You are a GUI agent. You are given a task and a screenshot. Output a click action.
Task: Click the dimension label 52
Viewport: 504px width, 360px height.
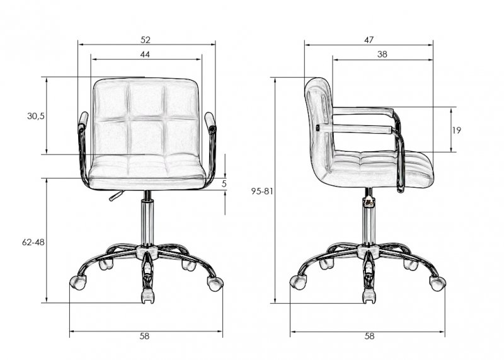point(146,40)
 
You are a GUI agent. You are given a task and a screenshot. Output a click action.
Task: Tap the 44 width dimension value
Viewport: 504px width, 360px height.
point(145,55)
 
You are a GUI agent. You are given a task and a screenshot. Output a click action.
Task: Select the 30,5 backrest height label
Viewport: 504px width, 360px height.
point(36,116)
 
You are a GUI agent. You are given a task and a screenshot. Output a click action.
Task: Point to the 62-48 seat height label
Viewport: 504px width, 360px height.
point(33,242)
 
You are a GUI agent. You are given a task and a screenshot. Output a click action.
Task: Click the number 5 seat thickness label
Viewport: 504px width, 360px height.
point(224,183)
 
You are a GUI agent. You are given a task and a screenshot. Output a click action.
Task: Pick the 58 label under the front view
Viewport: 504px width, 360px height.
point(145,336)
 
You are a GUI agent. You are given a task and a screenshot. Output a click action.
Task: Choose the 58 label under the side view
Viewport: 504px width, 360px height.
point(370,336)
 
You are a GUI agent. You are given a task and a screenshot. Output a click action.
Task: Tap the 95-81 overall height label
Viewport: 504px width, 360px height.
point(262,192)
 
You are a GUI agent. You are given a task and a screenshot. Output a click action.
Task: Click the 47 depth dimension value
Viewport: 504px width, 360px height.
point(369,40)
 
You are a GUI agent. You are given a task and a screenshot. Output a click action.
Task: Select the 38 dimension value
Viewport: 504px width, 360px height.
point(382,54)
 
